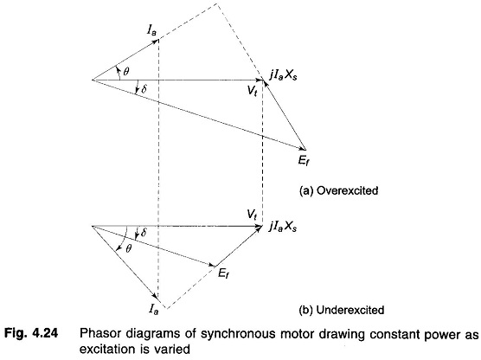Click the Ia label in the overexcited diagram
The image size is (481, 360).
coord(152,29)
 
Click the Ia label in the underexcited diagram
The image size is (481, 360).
coord(154,308)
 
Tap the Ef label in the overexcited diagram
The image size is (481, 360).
coord(304,160)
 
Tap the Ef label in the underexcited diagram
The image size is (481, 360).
coord(223,273)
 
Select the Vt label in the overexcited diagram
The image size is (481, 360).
coord(252,91)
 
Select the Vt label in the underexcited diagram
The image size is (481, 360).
coord(252,215)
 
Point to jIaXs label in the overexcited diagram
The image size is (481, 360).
coord(283,75)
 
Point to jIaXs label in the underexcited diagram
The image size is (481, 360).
coord(283,227)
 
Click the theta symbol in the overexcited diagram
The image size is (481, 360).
coord(126,72)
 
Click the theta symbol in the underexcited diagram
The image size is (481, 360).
coord(129,248)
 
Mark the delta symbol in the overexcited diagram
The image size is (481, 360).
coord(144,89)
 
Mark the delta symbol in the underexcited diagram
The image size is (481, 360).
coord(144,233)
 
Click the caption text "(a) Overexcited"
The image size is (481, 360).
coord(338,191)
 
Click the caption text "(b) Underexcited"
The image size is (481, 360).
coord(342,310)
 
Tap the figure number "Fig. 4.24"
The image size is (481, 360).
coord(31,333)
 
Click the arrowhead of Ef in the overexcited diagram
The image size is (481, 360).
coord(303,148)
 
